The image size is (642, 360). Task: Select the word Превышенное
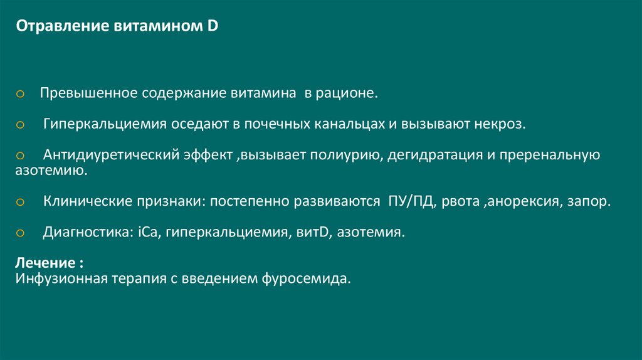click(x=85, y=93)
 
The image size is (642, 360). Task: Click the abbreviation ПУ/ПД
click(x=409, y=202)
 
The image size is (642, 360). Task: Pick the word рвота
click(x=461, y=202)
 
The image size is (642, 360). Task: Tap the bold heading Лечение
click(x=46, y=262)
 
